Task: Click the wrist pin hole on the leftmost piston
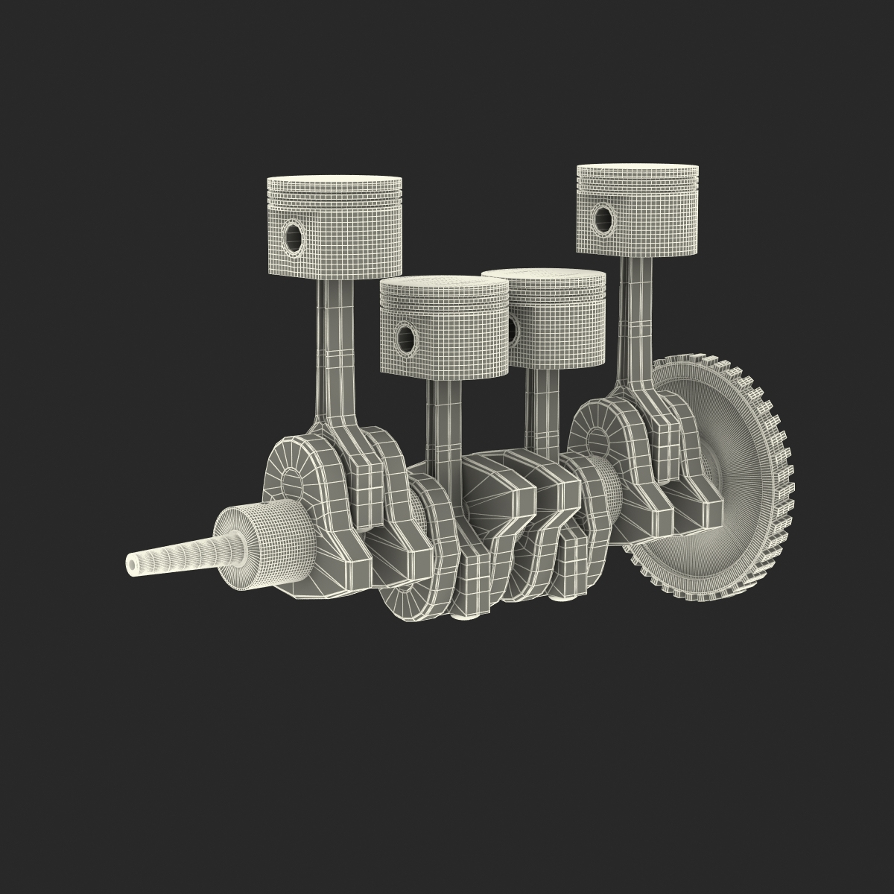click(x=294, y=237)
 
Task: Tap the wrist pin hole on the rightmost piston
click(x=603, y=218)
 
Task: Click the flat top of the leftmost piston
click(x=335, y=181)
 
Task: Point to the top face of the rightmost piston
click(x=638, y=169)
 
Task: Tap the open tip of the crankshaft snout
click(x=133, y=565)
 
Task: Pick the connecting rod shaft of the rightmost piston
click(x=634, y=313)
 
